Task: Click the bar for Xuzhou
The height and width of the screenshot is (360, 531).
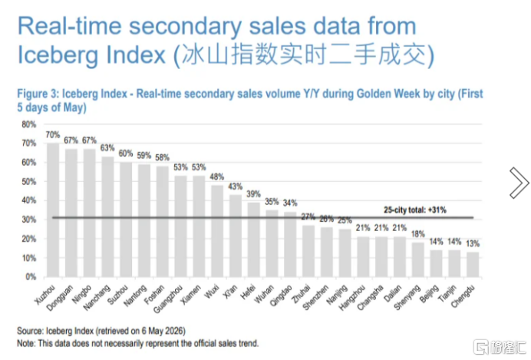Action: (x=53, y=210)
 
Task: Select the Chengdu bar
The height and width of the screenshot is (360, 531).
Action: (x=473, y=265)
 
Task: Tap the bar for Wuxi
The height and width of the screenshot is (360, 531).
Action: (x=217, y=231)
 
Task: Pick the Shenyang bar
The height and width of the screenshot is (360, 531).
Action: (x=418, y=260)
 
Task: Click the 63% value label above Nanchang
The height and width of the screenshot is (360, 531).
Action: (x=107, y=148)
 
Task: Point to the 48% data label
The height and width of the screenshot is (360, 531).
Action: (x=216, y=177)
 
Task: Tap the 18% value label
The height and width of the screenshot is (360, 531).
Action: (x=418, y=234)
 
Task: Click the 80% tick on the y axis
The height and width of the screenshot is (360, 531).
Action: (x=29, y=124)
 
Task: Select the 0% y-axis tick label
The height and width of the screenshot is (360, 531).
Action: (x=31, y=277)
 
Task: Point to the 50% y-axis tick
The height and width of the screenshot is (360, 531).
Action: (x=29, y=182)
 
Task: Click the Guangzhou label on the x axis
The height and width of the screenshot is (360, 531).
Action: (x=168, y=299)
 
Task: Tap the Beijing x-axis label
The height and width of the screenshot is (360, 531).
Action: (x=430, y=293)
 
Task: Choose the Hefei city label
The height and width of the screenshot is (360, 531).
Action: (x=248, y=292)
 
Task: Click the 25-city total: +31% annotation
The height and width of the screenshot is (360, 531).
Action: (x=415, y=210)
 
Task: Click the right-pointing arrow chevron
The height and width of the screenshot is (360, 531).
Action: (x=519, y=183)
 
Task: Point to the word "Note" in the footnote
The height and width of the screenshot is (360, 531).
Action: (x=26, y=343)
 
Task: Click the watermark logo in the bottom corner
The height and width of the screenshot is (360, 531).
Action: (x=500, y=347)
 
